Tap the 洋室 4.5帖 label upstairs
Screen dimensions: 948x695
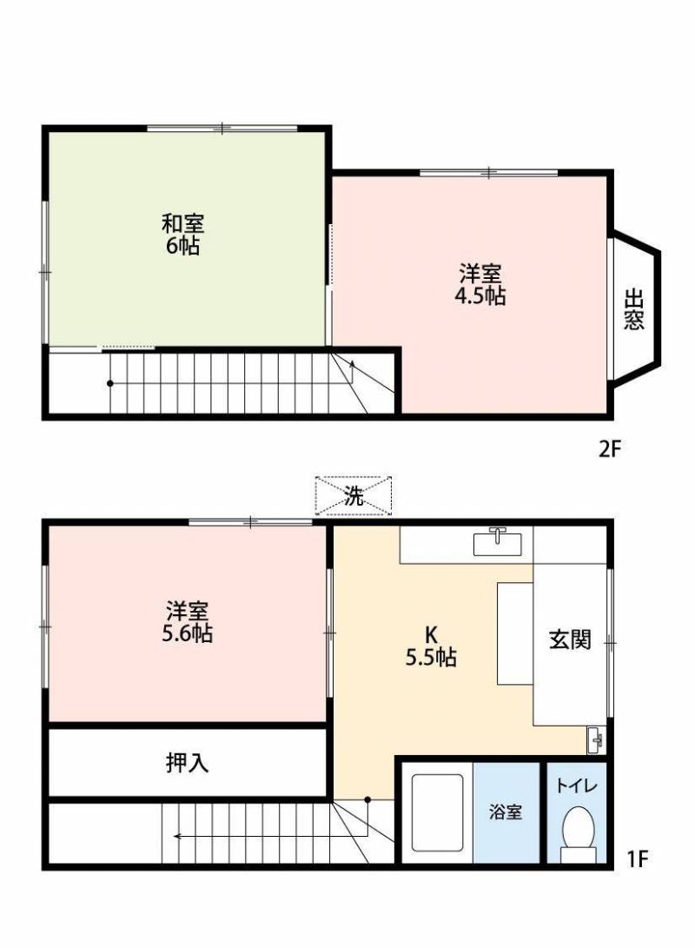coord(480,285)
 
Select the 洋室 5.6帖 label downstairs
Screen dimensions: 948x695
coord(187,622)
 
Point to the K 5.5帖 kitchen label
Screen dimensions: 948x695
coord(431,646)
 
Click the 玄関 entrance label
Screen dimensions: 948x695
coord(570,640)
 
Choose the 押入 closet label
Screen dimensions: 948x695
coord(187,763)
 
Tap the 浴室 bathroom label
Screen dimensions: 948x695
coord(506,813)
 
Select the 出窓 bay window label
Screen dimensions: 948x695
coord(634,309)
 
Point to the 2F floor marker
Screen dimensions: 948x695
coord(608,449)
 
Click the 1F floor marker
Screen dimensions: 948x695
coord(638,859)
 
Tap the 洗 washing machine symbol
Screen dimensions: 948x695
coord(353,496)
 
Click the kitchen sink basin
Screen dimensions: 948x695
coord(498,543)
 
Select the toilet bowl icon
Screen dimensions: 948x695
coord(578,830)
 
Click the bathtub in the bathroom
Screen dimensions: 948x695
coord(440,813)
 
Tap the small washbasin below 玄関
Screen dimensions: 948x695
coord(596,739)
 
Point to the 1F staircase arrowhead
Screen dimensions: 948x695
coord(175,837)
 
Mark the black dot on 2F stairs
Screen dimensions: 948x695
coord(109,383)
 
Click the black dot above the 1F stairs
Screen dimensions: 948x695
coord(367,799)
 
